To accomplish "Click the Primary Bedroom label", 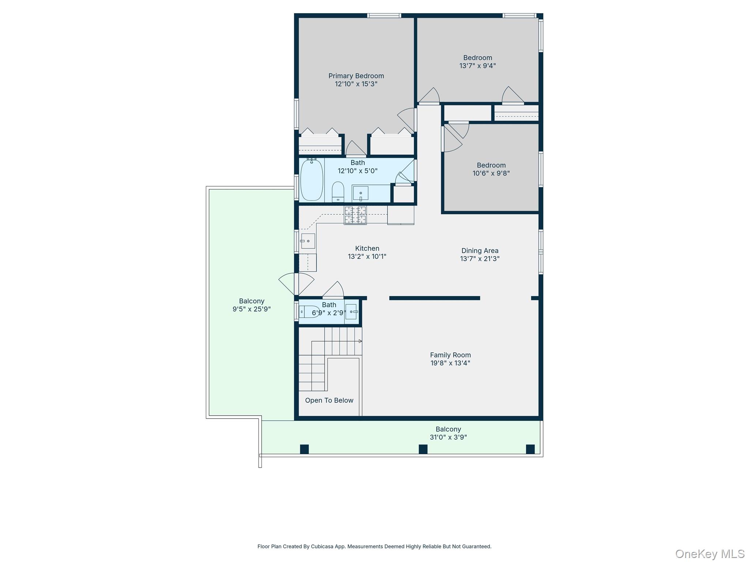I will pyautogui.click(x=356, y=76).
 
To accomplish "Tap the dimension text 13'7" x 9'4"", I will pyautogui.click(x=477, y=66).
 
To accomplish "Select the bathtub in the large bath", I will pyautogui.click(x=312, y=180).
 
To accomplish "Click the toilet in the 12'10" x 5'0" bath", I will pyautogui.click(x=338, y=192).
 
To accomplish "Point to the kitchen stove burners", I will pyautogui.click(x=355, y=215).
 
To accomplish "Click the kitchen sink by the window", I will pyautogui.click(x=308, y=241).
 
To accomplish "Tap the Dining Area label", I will pyautogui.click(x=479, y=251).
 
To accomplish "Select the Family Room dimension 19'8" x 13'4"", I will pyautogui.click(x=450, y=363).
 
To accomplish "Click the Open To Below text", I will pyautogui.click(x=329, y=400).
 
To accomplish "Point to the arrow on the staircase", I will pyautogui.click(x=360, y=341).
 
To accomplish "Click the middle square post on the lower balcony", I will pyautogui.click(x=423, y=449).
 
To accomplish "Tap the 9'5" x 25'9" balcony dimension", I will pyautogui.click(x=252, y=309).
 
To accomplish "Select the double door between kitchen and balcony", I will pyautogui.click(x=297, y=284).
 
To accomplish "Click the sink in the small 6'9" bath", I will pyautogui.click(x=351, y=312).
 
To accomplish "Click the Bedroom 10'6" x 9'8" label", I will pyautogui.click(x=491, y=165).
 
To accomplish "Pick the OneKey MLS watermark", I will pyautogui.click(x=710, y=554).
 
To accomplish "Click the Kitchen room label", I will pyautogui.click(x=367, y=248).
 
